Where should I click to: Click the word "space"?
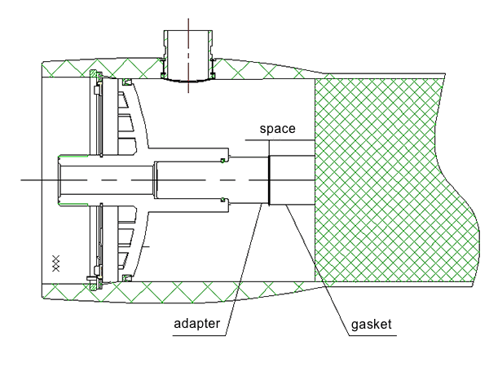[x=278, y=129]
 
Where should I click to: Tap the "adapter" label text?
[x=196, y=324]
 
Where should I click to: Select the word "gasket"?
[x=371, y=325]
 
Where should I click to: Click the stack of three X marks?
[x=55, y=263]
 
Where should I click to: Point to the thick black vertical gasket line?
[x=269, y=180]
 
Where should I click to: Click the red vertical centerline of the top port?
[x=188, y=55]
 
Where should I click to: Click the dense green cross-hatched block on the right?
[x=396, y=180]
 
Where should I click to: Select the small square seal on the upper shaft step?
[x=222, y=161]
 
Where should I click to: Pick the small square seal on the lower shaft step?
[x=222, y=200]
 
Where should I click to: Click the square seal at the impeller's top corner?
[x=126, y=82]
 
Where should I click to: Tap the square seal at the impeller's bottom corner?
[x=126, y=278]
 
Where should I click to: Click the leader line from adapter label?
[x=244, y=269]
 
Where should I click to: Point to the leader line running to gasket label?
[x=317, y=270]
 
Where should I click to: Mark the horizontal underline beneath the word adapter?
[x=199, y=336]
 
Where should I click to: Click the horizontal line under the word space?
[x=280, y=140]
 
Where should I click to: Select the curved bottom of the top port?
[x=188, y=81]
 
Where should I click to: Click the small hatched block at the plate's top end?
[x=94, y=74]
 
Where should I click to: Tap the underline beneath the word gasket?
[x=372, y=336]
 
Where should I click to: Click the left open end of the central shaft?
[x=59, y=180]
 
